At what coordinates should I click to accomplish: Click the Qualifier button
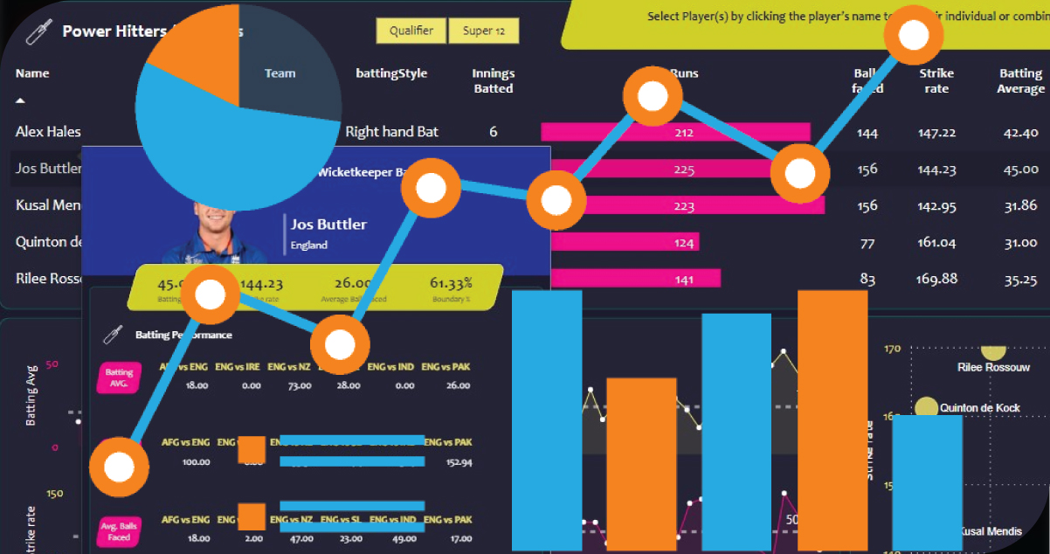(411, 31)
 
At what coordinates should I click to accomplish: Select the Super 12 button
(484, 31)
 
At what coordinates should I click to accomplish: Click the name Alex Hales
(48, 132)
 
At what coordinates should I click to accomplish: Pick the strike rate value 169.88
(937, 280)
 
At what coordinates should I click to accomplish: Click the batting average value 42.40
(1020, 133)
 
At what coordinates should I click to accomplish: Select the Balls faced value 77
(867, 243)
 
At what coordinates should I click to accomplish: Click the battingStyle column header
(391, 73)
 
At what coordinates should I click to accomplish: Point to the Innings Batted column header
(493, 80)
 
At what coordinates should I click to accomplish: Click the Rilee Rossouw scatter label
(993, 367)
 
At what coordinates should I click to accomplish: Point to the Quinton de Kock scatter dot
(926, 407)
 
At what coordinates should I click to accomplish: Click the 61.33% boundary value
(451, 283)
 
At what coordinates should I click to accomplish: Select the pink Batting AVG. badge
(119, 377)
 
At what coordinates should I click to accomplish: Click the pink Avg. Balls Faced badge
(119, 531)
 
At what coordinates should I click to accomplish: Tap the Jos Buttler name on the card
(328, 225)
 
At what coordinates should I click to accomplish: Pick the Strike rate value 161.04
(937, 243)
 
